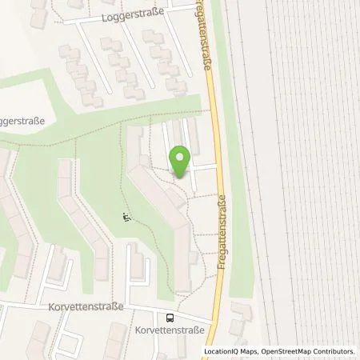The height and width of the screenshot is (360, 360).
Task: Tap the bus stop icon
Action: click(170, 316)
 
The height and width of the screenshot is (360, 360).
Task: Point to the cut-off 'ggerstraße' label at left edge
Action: click(22, 121)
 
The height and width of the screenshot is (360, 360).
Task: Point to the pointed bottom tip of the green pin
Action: click(181, 177)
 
